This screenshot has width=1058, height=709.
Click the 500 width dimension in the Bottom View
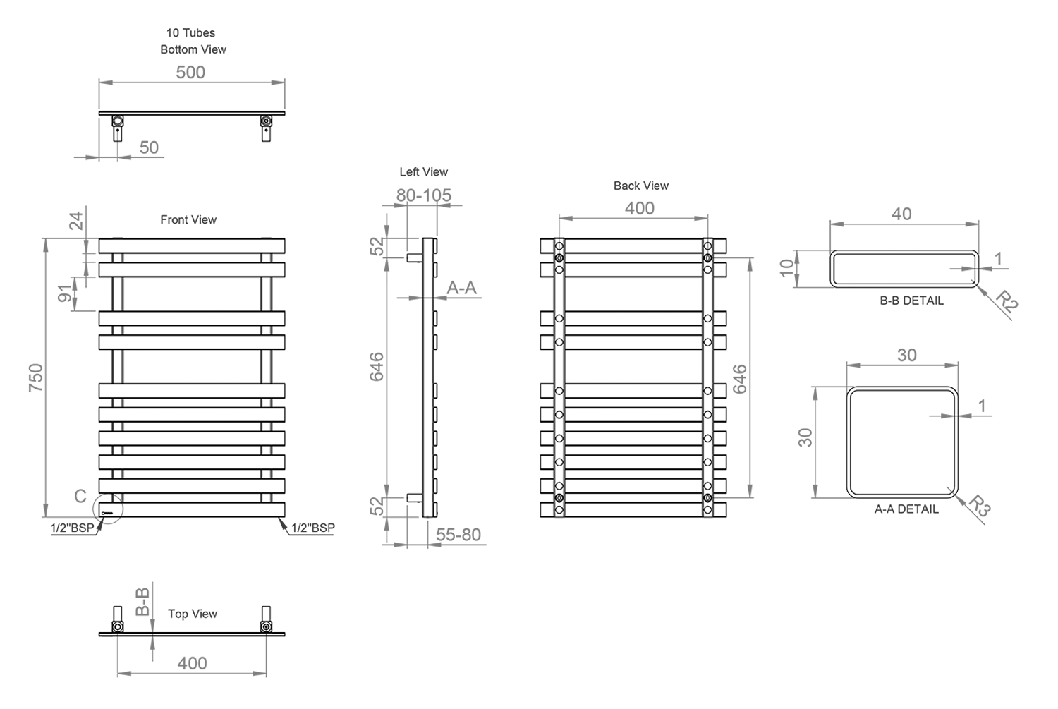pyautogui.click(x=190, y=72)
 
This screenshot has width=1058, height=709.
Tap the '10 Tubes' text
pyautogui.click(x=190, y=32)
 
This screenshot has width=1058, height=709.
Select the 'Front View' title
pyautogui.click(x=188, y=219)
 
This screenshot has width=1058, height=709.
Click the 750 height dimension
pyautogui.click(x=36, y=377)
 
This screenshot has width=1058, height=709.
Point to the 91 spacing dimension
pyautogui.click(x=65, y=293)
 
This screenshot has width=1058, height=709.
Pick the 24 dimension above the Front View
pyautogui.click(x=76, y=221)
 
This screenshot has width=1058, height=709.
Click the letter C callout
pyautogui.click(x=80, y=496)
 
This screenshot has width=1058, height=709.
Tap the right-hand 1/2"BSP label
pyautogui.click(x=312, y=528)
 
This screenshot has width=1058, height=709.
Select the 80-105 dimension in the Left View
pyautogui.click(x=424, y=195)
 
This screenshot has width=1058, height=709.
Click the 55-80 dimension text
pyautogui.click(x=458, y=535)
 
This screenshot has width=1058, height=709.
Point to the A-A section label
pyautogui.click(x=461, y=288)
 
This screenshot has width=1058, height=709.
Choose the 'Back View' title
pyautogui.click(x=641, y=186)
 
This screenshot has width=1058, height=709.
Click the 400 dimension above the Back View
pyautogui.click(x=640, y=208)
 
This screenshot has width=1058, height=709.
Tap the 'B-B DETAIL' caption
pyautogui.click(x=911, y=301)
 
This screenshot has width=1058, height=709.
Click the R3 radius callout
pyautogui.click(x=980, y=506)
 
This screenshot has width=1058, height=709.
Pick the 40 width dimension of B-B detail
pyautogui.click(x=901, y=214)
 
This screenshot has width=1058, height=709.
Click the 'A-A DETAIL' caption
pyautogui.click(x=906, y=509)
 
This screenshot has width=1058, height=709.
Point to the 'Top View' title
pyautogui.click(x=193, y=614)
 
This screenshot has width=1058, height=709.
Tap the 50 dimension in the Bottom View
pyautogui.click(x=149, y=148)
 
